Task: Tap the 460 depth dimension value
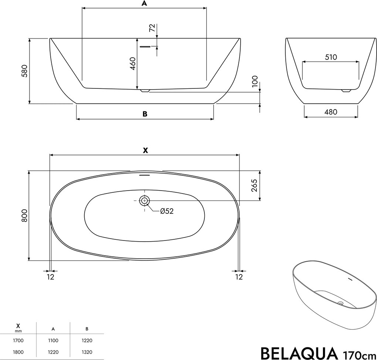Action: [133, 63]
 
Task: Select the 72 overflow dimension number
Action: [152, 28]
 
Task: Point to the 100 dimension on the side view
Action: [255, 81]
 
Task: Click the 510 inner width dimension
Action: [331, 57]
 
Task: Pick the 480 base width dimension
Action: [331, 112]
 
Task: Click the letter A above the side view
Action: [144, 4]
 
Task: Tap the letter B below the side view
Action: [145, 114]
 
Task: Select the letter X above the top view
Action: [145, 150]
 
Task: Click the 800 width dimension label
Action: [24, 215]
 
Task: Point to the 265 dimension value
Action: [255, 186]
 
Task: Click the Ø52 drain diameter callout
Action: [167, 211]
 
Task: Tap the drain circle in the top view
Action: [144, 201]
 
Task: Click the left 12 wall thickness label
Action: [51, 277]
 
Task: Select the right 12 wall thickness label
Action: [239, 277]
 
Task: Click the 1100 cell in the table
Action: [53, 340]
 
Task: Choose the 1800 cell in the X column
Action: [18, 352]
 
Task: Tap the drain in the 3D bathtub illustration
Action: [340, 303]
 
